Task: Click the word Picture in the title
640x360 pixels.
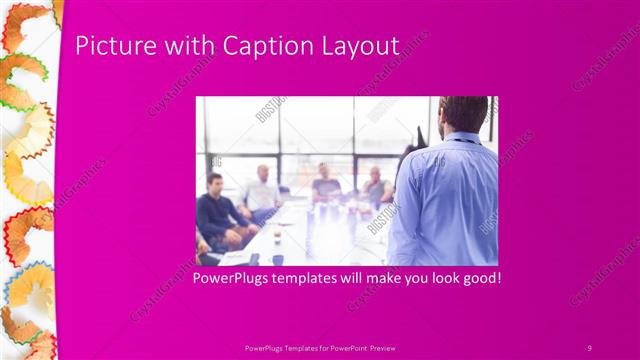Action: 109,46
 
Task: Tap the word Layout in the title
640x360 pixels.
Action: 360,46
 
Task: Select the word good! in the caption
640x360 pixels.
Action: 478,277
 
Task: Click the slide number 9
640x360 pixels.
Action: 589,348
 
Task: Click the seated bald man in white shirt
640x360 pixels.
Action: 263,190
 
